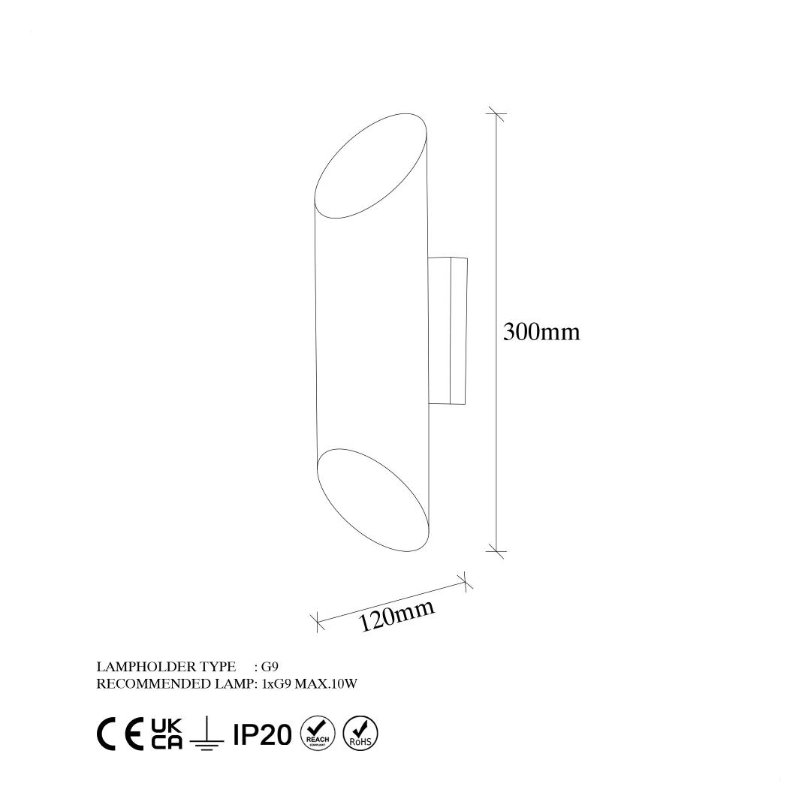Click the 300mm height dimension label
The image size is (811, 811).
[x=541, y=332]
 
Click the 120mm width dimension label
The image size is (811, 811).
[x=396, y=615]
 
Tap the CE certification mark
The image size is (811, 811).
[x=120, y=734]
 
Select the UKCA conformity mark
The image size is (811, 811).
[x=167, y=734]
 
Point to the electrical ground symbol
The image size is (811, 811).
[x=207, y=732]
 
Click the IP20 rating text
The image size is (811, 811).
[x=262, y=734]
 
